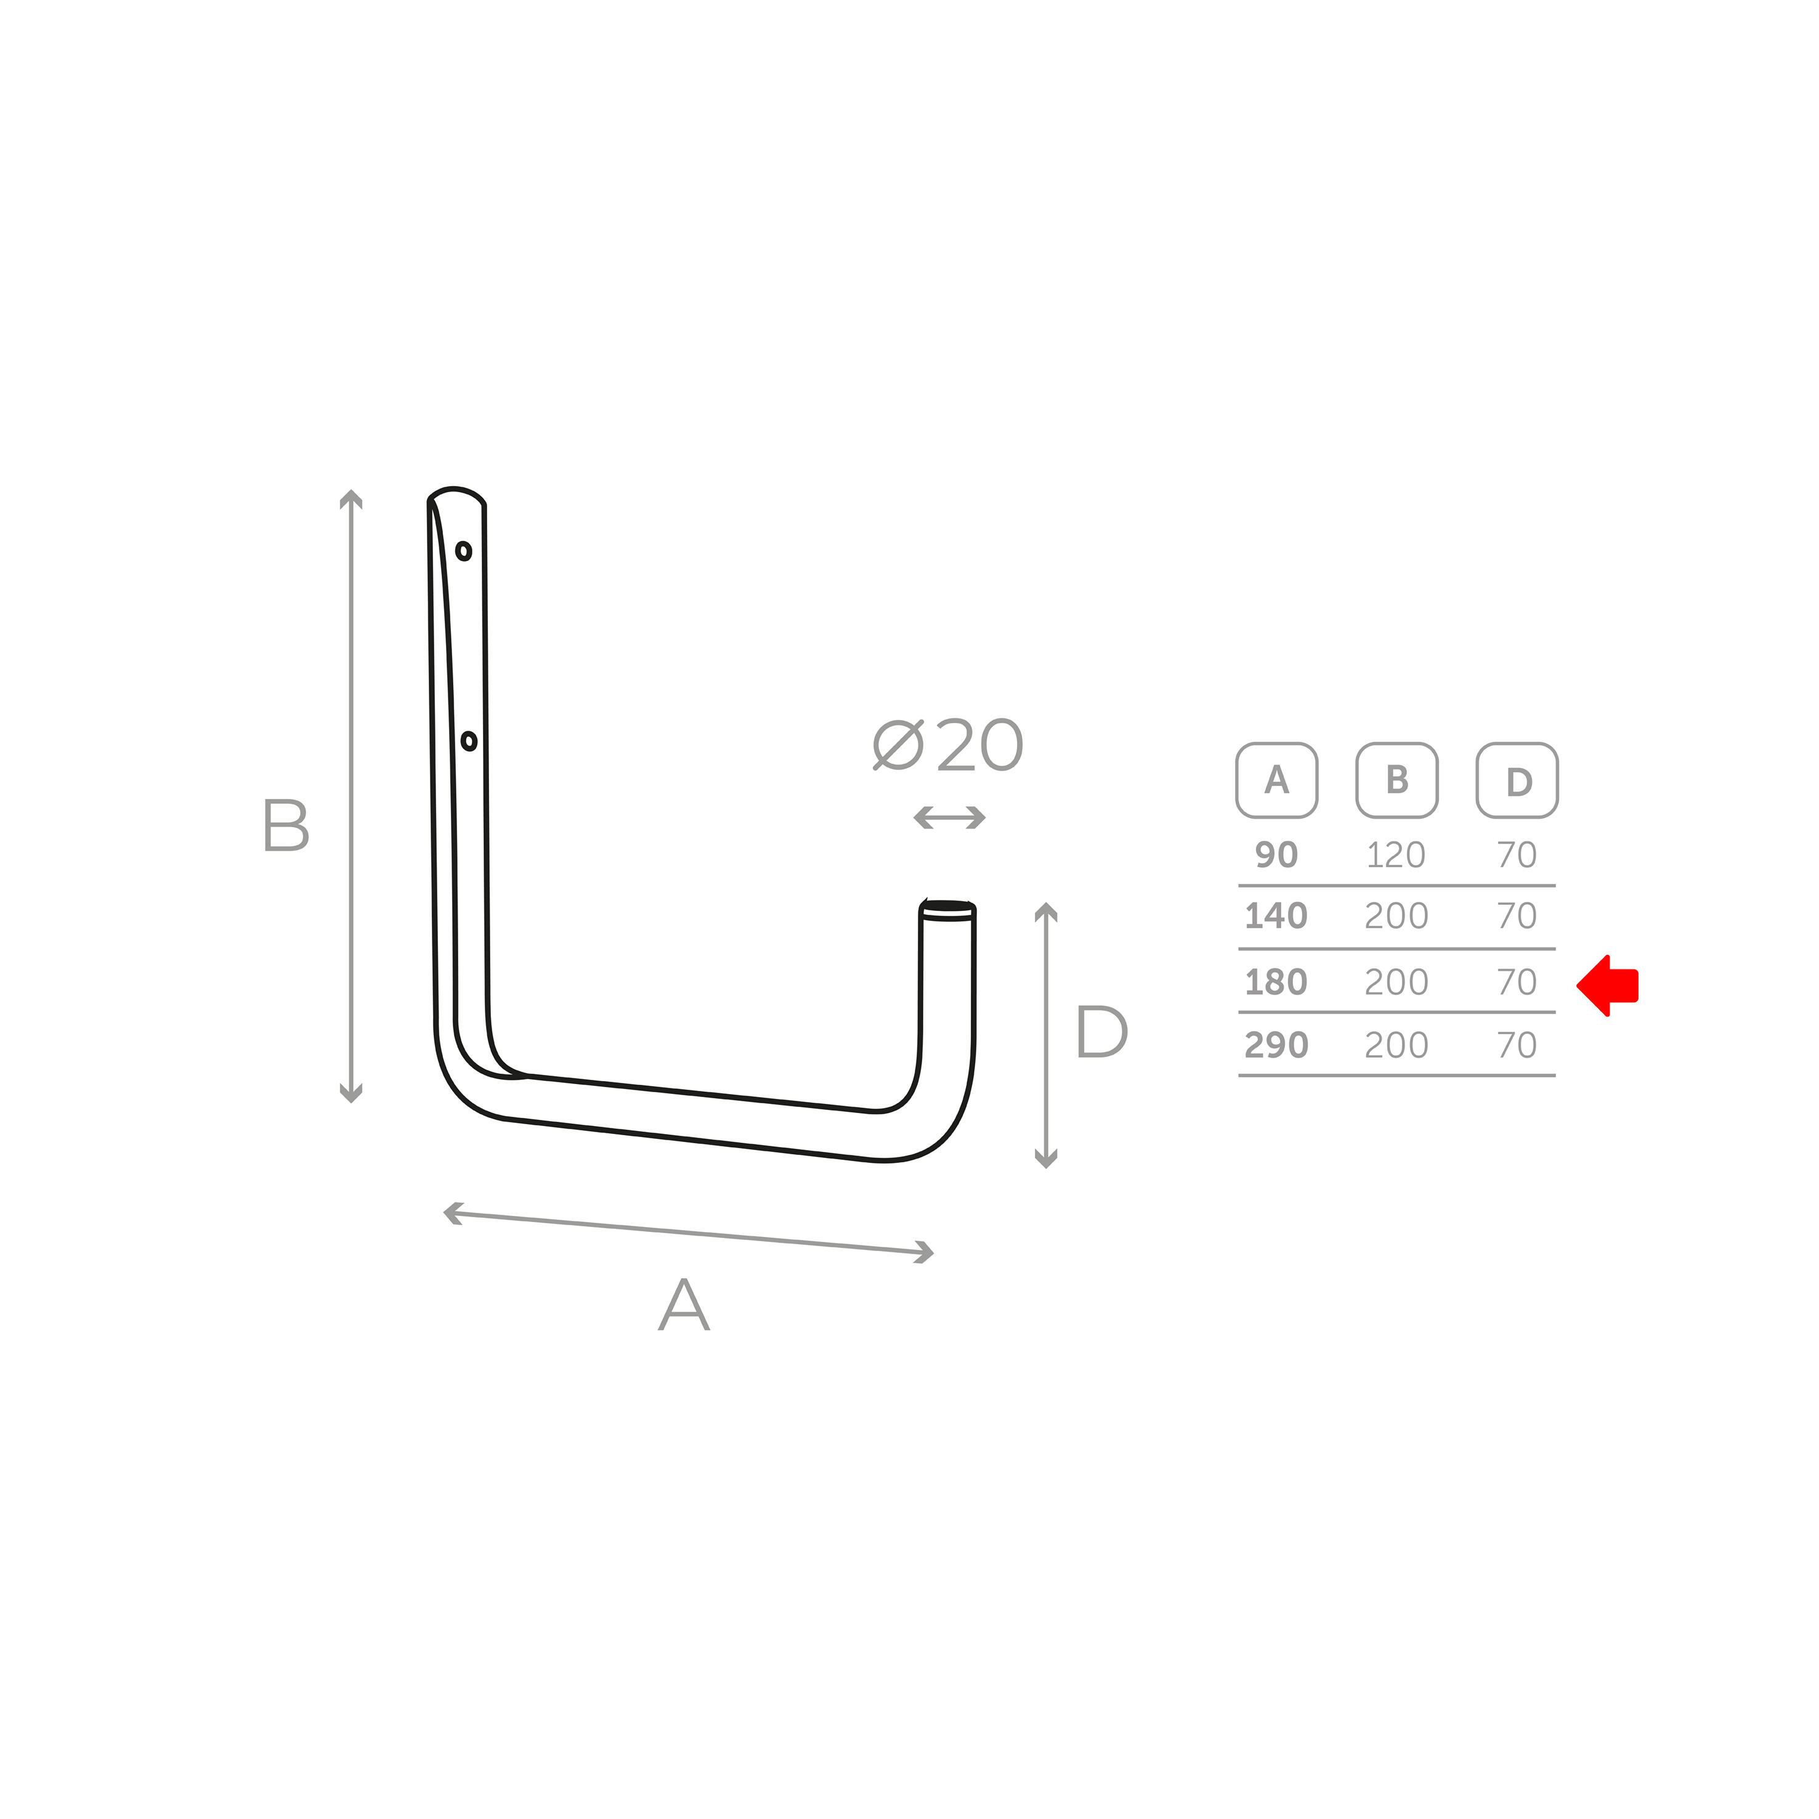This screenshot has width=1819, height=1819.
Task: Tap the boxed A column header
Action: (x=1277, y=780)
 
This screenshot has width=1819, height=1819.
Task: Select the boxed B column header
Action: (x=1397, y=780)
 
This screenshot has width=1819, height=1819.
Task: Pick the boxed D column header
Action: (x=1518, y=780)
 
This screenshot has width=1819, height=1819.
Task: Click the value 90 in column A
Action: (x=1277, y=855)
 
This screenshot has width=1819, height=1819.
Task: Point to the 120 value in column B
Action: (x=1396, y=855)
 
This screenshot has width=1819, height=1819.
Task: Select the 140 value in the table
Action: (x=1277, y=916)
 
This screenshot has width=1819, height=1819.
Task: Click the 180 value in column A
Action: (x=1277, y=982)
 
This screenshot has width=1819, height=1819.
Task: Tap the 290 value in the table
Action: (x=1277, y=1045)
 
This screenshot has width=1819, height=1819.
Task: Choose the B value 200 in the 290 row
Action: (x=1396, y=1045)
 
